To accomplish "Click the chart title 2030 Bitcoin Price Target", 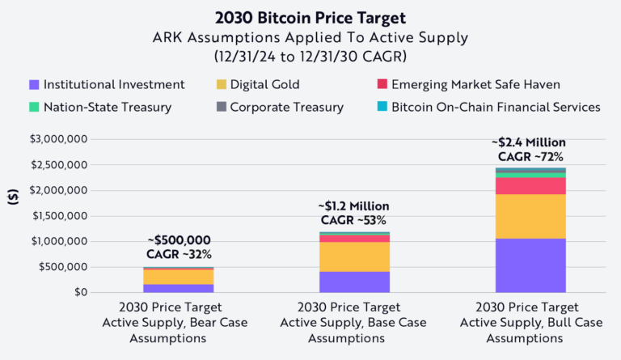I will [x=310, y=16].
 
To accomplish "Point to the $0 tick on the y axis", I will [x=76, y=292].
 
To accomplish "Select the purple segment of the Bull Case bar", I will [x=530, y=265].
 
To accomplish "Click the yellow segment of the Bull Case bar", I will [x=530, y=216].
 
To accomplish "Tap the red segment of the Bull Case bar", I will [x=530, y=185].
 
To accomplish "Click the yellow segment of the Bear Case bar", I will [x=178, y=276].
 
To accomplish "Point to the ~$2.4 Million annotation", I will [x=530, y=142].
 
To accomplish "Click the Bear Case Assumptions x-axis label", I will [x=178, y=322].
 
